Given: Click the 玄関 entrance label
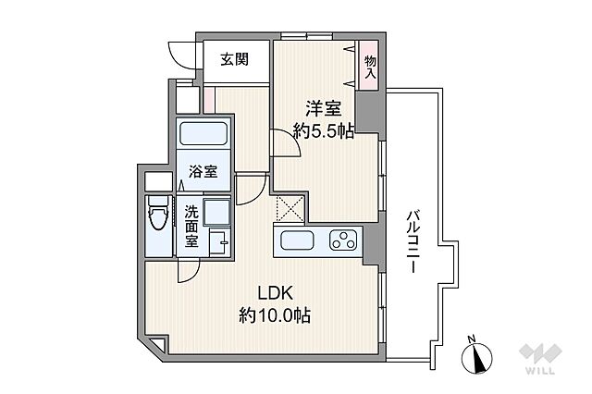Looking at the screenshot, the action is pyautogui.click(x=234, y=59).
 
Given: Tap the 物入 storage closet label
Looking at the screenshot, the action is pyautogui.click(x=370, y=68).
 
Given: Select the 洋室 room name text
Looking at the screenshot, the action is pyautogui.click(x=324, y=109).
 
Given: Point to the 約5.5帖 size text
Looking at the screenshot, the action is pyautogui.click(x=324, y=131).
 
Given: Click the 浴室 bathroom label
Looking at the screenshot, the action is pyautogui.click(x=203, y=172).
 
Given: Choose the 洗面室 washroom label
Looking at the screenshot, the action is pyautogui.click(x=191, y=227).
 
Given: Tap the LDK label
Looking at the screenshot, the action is pyautogui.click(x=276, y=293).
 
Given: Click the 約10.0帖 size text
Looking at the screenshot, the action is pyautogui.click(x=275, y=315).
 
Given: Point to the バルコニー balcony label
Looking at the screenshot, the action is pyautogui.click(x=411, y=242).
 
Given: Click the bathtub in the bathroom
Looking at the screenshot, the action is pyautogui.click(x=203, y=133).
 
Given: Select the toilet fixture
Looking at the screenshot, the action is pyautogui.click(x=158, y=213).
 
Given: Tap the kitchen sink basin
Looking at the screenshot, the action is pyautogui.click(x=297, y=240).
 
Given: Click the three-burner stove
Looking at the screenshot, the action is pyautogui.click(x=343, y=240).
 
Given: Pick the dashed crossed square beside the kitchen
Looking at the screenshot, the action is pyautogui.click(x=290, y=208).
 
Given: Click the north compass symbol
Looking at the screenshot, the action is pyautogui.click(x=477, y=355).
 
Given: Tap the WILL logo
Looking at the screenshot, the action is pyautogui.click(x=540, y=359).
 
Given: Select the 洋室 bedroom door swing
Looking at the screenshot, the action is pyautogui.click(x=286, y=142).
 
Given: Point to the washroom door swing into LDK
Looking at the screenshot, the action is pyautogui.click(x=189, y=271).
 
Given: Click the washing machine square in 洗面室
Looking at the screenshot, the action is pyautogui.click(x=216, y=213).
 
